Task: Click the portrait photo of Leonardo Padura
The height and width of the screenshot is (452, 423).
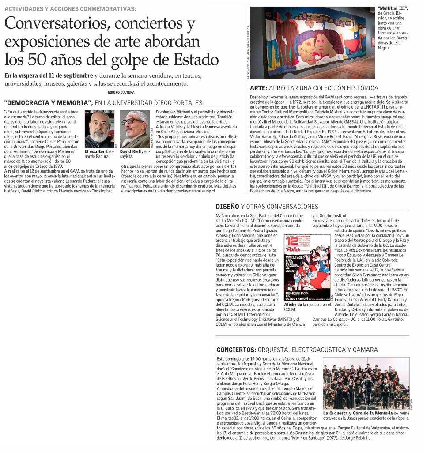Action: coord(99,128)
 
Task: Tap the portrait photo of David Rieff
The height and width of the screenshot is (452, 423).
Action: coord(135,128)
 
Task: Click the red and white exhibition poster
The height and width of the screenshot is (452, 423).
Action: coord(307,267)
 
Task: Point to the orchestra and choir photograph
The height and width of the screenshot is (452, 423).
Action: coord(366,383)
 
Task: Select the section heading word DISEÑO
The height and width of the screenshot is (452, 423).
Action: coord(227,206)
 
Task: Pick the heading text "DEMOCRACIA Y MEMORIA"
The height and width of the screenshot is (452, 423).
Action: coord(47,103)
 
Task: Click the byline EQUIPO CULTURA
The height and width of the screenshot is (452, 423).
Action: coord(121,92)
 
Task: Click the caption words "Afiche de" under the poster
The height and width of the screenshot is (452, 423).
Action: coord(293,305)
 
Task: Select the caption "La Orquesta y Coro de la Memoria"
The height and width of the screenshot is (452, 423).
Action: coord(358,413)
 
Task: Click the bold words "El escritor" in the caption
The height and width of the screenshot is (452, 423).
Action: coord(95,151)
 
